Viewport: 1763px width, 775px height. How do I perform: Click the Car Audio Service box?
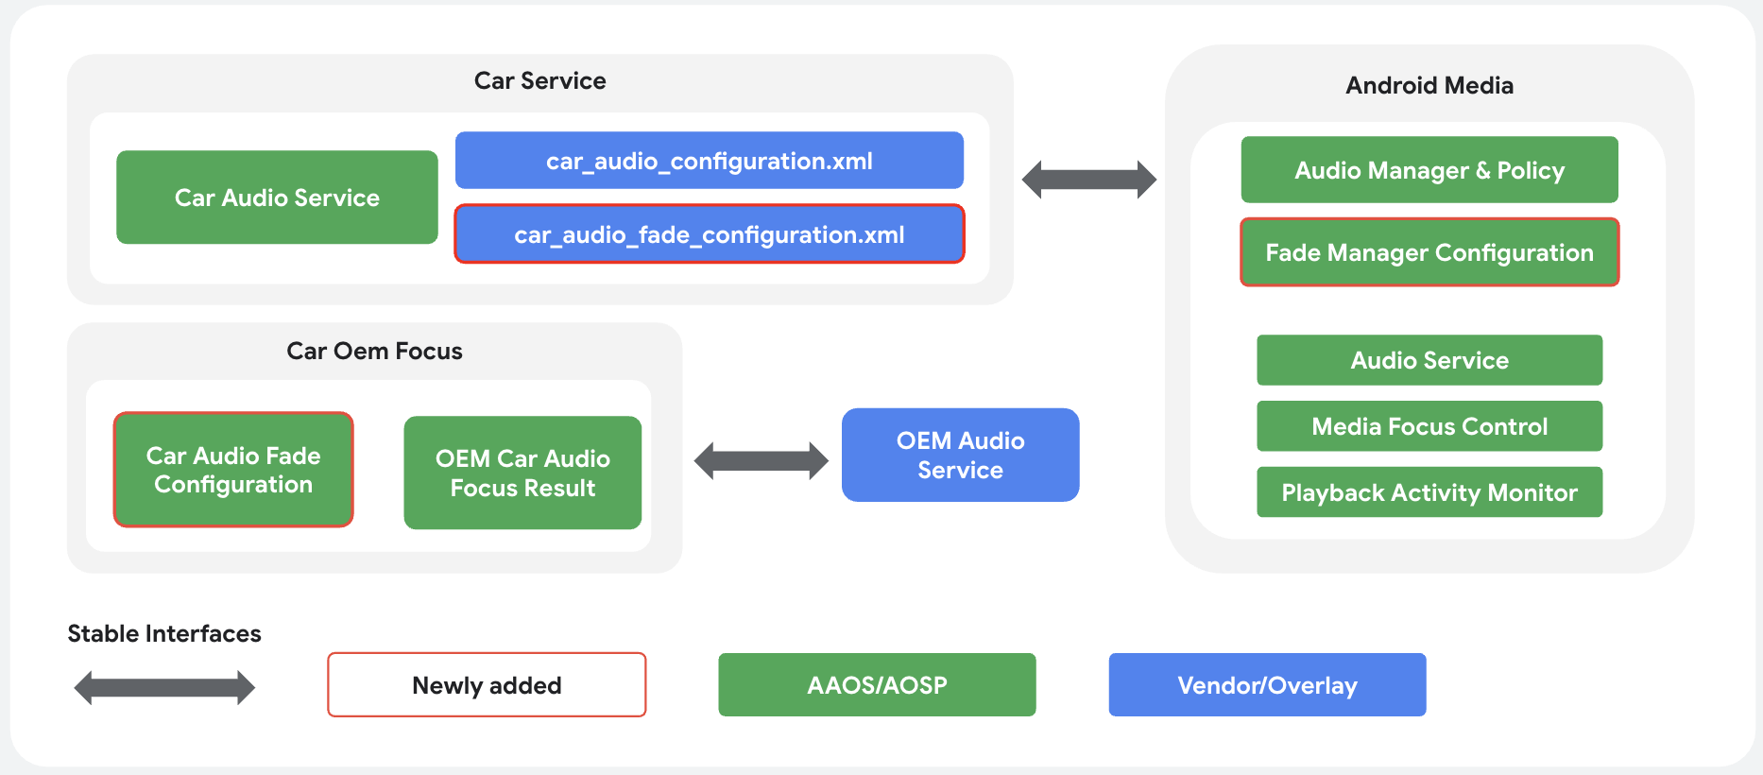[277, 198]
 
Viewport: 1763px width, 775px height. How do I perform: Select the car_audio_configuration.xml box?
[709, 161]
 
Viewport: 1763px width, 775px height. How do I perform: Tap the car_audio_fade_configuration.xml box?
[709, 234]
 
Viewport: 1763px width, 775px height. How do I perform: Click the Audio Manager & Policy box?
[1429, 170]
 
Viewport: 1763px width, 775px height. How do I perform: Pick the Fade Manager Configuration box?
[1429, 252]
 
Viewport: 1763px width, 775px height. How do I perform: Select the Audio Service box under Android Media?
[1429, 360]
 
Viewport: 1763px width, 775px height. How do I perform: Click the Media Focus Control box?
[1429, 426]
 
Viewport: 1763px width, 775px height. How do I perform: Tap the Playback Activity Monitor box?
[1429, 492]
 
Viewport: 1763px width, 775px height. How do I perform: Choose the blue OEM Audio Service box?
[960, 455]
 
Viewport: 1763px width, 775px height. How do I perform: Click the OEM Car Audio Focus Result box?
[522, 473]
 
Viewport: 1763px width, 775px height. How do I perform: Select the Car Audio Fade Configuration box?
[233, 470]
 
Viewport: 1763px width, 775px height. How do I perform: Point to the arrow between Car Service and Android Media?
[1089, 180]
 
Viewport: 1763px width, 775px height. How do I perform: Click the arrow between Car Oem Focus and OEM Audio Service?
[761, 461]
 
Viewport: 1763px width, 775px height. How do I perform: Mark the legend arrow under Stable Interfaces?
[164, 687]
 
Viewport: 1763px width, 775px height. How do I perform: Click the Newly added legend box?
[487, 685]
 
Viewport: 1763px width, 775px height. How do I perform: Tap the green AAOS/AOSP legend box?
[877, 685]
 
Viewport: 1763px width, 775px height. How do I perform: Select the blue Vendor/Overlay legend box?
[1267, 685]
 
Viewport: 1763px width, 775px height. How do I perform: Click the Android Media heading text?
[1429, 86]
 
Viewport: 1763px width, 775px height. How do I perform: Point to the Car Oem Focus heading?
[374, 352]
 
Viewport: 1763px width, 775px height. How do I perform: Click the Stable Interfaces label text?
[164, 633]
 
